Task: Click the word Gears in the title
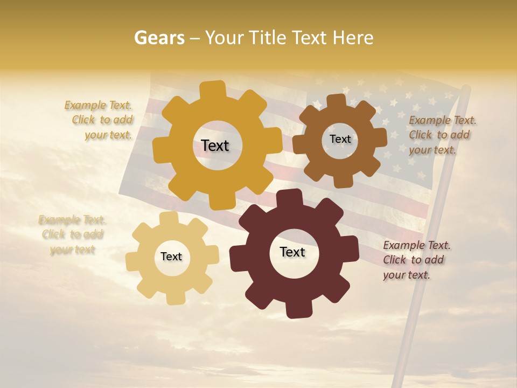click(159, 38)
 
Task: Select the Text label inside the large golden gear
click(215, 145)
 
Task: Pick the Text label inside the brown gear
click(340, 139)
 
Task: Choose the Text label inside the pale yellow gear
click(171, 257)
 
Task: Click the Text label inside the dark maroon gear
click(292, 252)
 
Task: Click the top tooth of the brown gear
click(336, 101)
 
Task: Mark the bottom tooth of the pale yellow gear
click(175, 297)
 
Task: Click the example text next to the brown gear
click(442, 135)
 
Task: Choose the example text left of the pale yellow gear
click(72, 234)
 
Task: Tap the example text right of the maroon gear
click(416, 260)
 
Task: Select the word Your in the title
click(225, 38)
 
